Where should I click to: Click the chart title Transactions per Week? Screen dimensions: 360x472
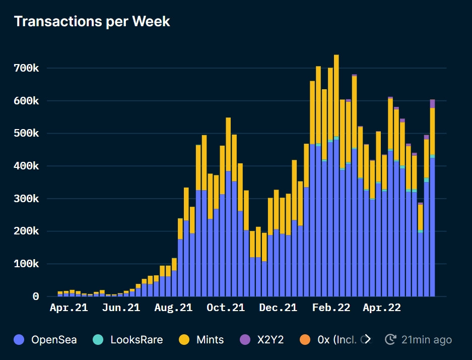pos(92,21)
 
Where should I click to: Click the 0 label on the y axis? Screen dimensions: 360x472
pos(36,296)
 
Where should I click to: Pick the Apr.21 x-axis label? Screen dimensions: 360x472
pos(69,308)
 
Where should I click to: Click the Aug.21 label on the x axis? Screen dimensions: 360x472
pos(173,308)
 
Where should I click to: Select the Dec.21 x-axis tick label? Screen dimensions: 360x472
pos(278,308)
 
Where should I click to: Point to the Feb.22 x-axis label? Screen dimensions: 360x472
pos(330,308)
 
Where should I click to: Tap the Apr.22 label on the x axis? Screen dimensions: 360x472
pos(382,308)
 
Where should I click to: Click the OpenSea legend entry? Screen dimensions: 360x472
pos(54,340)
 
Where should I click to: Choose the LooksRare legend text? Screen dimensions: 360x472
pos(137,340)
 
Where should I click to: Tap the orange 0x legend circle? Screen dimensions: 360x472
pos(305,340)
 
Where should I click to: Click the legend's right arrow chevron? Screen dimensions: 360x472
pos(367,339)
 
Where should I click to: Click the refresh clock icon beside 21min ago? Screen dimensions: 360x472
pos(390,340)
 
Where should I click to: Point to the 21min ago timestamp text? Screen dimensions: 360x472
pos(426,340)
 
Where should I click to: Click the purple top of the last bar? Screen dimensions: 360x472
pos(432,103)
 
